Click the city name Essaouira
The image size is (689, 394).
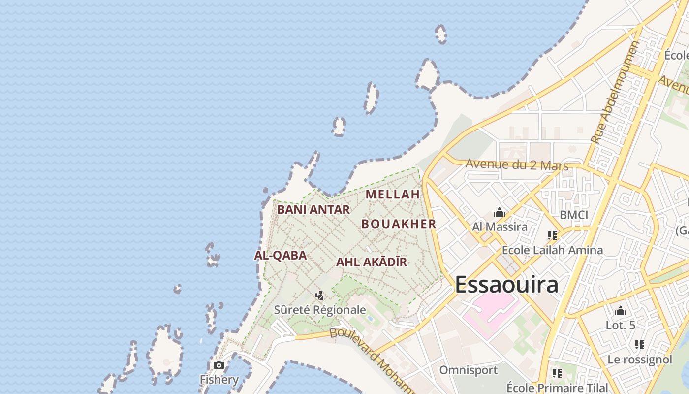506,285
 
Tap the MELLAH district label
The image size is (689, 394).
393,194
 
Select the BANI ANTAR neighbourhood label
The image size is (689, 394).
313,209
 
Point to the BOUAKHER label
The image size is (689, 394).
399,224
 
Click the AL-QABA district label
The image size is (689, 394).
281,255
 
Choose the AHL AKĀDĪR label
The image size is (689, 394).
372,262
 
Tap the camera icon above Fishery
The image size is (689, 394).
219,365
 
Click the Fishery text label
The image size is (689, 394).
219,380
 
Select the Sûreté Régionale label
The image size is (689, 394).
320,310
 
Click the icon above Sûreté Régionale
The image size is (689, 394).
320,295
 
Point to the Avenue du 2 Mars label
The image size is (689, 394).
517,164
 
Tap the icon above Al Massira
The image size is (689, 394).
500,213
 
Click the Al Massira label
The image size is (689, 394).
500,227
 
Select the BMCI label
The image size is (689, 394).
574,215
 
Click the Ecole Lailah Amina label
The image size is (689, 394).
552,250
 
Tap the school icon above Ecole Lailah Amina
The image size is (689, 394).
552,235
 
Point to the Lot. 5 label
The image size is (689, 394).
621,325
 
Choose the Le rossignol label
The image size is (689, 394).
640,360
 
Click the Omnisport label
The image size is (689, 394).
468,370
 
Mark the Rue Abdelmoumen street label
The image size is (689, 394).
614,92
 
